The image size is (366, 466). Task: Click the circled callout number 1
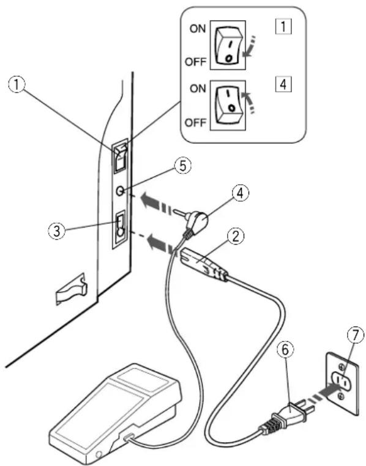[17, 85]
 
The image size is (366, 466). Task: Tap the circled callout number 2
[236, 237]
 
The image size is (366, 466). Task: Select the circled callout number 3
[57, 231]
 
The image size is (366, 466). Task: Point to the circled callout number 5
[182, 166]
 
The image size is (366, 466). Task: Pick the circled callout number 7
[356, 335]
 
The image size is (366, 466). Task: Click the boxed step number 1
[283, 27]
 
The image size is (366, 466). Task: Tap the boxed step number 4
[283, 84]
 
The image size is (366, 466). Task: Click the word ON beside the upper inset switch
[198, 29]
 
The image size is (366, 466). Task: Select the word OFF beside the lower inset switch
[195, 122]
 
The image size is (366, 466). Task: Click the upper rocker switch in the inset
[228, 45]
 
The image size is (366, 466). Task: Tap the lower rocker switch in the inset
[228, 105]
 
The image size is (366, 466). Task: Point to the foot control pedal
[115, 413]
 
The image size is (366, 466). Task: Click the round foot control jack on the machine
[120, 191]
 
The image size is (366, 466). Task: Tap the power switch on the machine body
[120, 158]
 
